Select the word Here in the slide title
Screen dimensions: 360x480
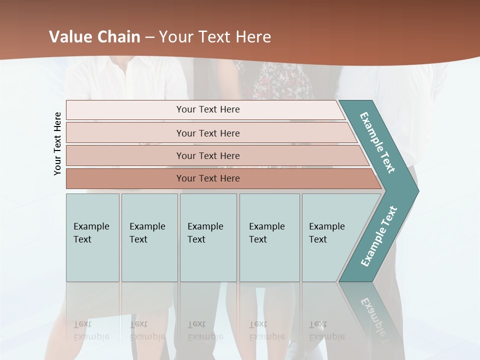point(253,36)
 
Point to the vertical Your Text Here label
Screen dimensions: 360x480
point(58,143)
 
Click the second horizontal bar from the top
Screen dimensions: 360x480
point(207,133)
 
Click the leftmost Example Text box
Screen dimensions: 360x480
point(92,237)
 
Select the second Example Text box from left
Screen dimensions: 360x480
point(149,237)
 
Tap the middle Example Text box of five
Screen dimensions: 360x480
point(208,237)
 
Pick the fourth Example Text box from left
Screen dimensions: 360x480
point(269,237)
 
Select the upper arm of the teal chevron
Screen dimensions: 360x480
point(378,143)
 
